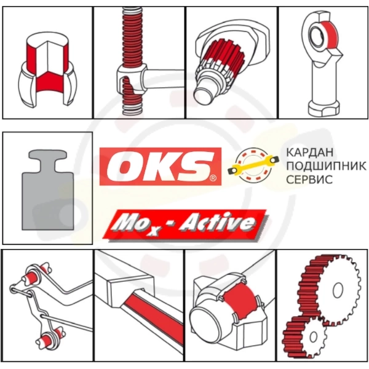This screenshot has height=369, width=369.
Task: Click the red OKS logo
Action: click(161, 167)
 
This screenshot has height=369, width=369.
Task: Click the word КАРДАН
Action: click(310, 153)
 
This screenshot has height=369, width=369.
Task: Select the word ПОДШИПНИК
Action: click(326, 166)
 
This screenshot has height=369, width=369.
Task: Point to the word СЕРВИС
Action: click(309, 180)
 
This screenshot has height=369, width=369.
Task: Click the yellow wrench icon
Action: click(253, 165)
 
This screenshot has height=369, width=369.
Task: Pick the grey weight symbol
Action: click(48, 189)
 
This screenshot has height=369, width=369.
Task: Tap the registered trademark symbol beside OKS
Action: click(213, 178)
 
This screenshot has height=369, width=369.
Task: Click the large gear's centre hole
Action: click(338, 290)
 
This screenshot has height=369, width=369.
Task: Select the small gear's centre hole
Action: click(313, 337)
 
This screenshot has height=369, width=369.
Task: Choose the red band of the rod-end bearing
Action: click(330, 35)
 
